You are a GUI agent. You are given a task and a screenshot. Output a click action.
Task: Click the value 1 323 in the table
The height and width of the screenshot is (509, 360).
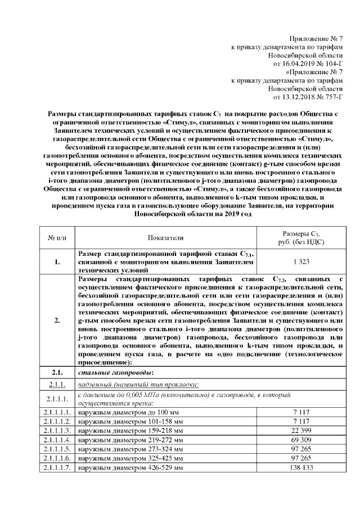pyautogui.click(x=302, y=262)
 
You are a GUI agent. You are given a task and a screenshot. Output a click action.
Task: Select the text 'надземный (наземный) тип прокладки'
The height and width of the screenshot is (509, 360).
pyautogui.click(x=138, y=385)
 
